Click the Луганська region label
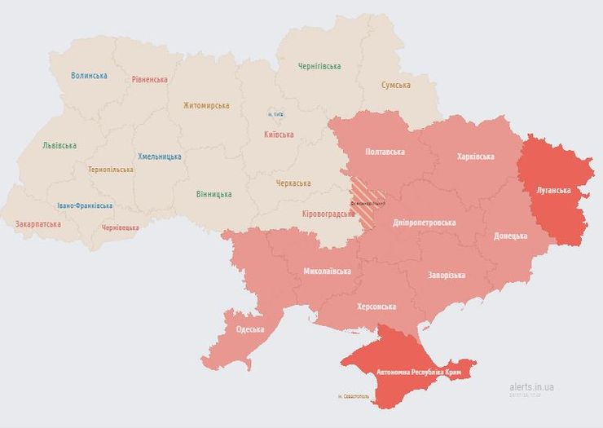pos(553,190)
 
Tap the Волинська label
pos(89,76)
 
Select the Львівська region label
pos(59,146)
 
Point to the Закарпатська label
pos(37,223)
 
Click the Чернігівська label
pos(319,66)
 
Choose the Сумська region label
pos(395,85)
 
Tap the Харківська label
pos(476,156)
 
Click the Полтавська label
pos(385,152)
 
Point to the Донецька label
pos(511,236)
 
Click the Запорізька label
pos(447,276)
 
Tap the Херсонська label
pos(376,307)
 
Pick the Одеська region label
pos(250,329)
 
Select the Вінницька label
pos(213,194)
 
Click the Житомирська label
pos(206,105)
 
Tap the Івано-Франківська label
pos(86,206)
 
